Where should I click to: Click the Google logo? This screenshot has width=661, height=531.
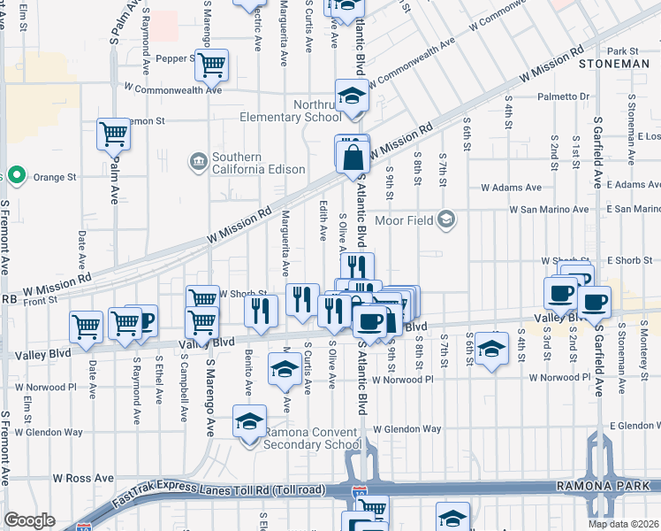30,520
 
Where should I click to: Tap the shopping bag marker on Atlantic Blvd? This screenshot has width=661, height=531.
353,158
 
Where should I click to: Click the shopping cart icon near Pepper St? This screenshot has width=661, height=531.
212,65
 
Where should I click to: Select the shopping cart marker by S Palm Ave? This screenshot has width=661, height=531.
114,135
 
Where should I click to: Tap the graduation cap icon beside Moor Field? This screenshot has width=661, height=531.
447,219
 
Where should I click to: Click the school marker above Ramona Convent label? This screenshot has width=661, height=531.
250,420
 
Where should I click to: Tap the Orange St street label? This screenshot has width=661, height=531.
56,177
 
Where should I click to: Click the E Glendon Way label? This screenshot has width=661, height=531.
634,426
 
